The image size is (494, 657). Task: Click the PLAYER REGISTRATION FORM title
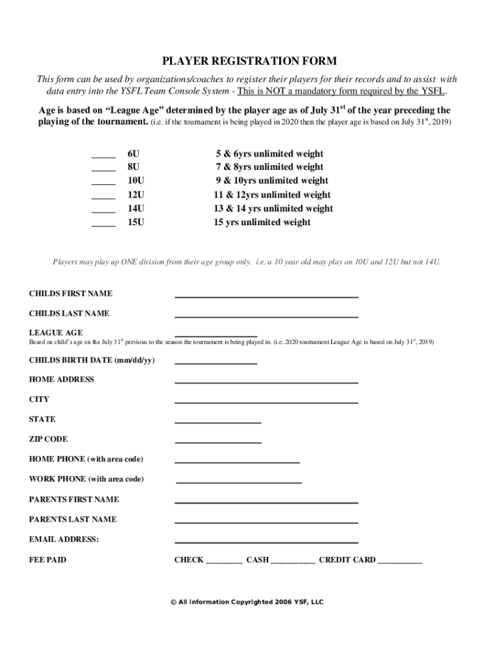(249, 62)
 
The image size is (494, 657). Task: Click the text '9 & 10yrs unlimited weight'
(271, 181)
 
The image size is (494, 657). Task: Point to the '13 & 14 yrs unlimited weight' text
(273, 209)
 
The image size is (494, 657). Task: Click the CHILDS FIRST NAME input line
(266, 296)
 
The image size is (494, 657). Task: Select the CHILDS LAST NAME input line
(266, 316)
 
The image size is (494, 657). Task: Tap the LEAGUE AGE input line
(216, 335)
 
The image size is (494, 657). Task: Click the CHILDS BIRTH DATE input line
(216, 363)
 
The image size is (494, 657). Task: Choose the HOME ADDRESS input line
(266, 382)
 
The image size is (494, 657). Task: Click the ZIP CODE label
(48, 439)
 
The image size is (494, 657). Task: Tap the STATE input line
(218, 422)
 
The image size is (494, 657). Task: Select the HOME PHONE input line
(237, 461)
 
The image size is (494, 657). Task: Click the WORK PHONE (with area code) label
(86, 479)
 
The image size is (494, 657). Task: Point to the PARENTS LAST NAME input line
(266, 522)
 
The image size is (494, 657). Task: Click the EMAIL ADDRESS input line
(266, 542)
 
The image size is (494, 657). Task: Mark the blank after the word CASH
(293, 562)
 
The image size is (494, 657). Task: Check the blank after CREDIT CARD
(400, 562)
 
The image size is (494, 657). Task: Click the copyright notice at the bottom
(247, 602)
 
